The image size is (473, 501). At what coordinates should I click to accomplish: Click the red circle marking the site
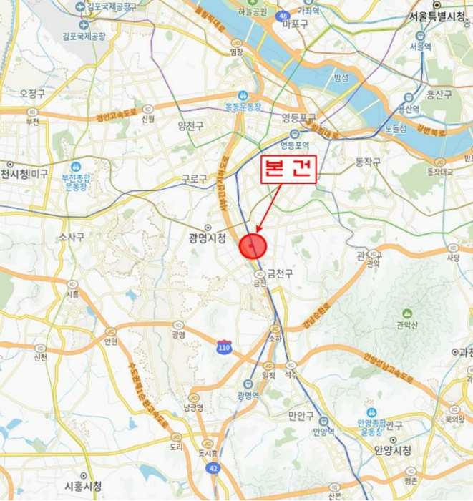[253, 246]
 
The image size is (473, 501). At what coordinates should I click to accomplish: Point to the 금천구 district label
[280, 273]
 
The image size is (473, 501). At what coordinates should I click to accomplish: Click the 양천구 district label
[191, 125]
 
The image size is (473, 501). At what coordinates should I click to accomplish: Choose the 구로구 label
[194, 177]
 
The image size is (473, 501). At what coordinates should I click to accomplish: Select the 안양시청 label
[393, 450]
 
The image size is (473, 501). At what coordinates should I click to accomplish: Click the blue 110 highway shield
[225, 346]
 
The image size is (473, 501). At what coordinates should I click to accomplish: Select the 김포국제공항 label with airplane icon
[84, 34]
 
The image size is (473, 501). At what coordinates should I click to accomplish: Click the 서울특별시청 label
[437, 16]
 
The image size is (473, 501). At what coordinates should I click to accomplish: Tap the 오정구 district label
[33, 94]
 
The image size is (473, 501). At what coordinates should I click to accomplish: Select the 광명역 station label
[248, 395]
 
